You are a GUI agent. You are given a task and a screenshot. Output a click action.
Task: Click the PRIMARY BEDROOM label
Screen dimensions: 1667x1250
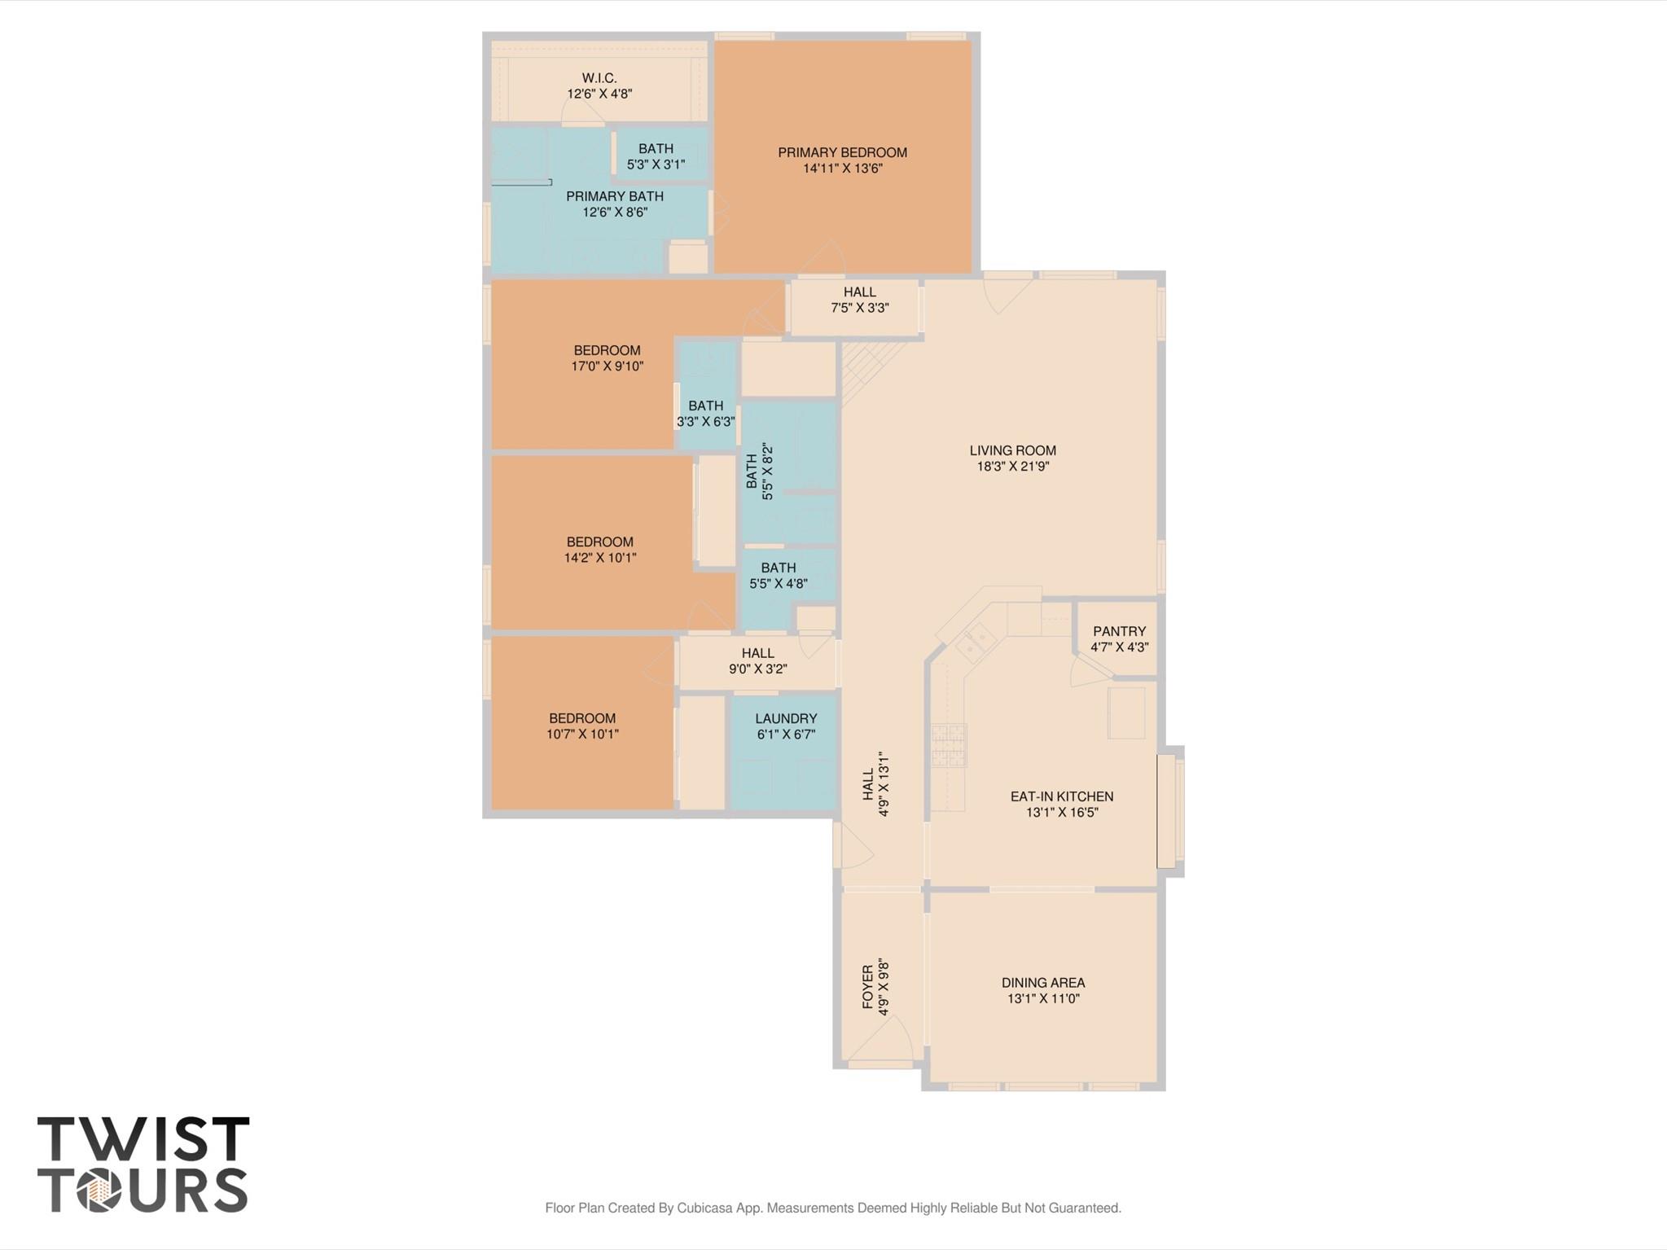click(x=842, y=152)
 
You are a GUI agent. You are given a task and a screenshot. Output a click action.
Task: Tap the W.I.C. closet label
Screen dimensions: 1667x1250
click(x=599, y=78)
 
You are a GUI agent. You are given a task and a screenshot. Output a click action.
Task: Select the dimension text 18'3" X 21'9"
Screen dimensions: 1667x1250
click(x=1013, y=467)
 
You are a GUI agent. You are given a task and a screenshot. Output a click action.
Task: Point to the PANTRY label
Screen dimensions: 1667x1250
click(x=1119, y=631)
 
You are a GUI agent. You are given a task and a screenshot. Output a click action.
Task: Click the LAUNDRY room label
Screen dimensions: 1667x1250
click(x=786, y=718)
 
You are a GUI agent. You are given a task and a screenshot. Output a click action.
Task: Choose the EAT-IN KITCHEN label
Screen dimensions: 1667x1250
click(x=1062, y=796)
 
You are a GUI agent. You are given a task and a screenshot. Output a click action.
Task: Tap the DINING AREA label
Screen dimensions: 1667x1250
click(x=1043, y=983)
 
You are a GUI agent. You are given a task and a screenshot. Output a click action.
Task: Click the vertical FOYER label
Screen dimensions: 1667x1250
click(x=868, y=987)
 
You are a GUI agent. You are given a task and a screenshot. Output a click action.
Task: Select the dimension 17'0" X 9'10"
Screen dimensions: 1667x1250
click(x=608, y=366)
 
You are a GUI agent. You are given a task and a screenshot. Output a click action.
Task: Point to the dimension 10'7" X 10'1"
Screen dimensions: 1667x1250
click(x=582, y=734)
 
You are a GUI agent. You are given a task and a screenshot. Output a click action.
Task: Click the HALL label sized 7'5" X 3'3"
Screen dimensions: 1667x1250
click(x=860, y=292)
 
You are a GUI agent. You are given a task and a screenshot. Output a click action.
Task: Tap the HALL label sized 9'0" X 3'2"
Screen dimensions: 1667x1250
click(x=758, y=653)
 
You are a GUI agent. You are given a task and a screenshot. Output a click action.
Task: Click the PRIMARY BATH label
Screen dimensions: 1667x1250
click(x=615, y=196)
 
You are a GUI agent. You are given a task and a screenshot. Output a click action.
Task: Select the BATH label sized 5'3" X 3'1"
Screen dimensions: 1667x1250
click(x=656, y=149)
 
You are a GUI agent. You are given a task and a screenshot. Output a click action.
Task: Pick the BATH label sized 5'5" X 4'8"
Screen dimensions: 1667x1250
click(x=779, y=568)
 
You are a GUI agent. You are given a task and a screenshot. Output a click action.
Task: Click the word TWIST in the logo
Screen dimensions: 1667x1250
click(x=143, y=1138)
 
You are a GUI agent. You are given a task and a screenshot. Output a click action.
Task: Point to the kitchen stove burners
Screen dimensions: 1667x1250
click(x=949, y=745)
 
